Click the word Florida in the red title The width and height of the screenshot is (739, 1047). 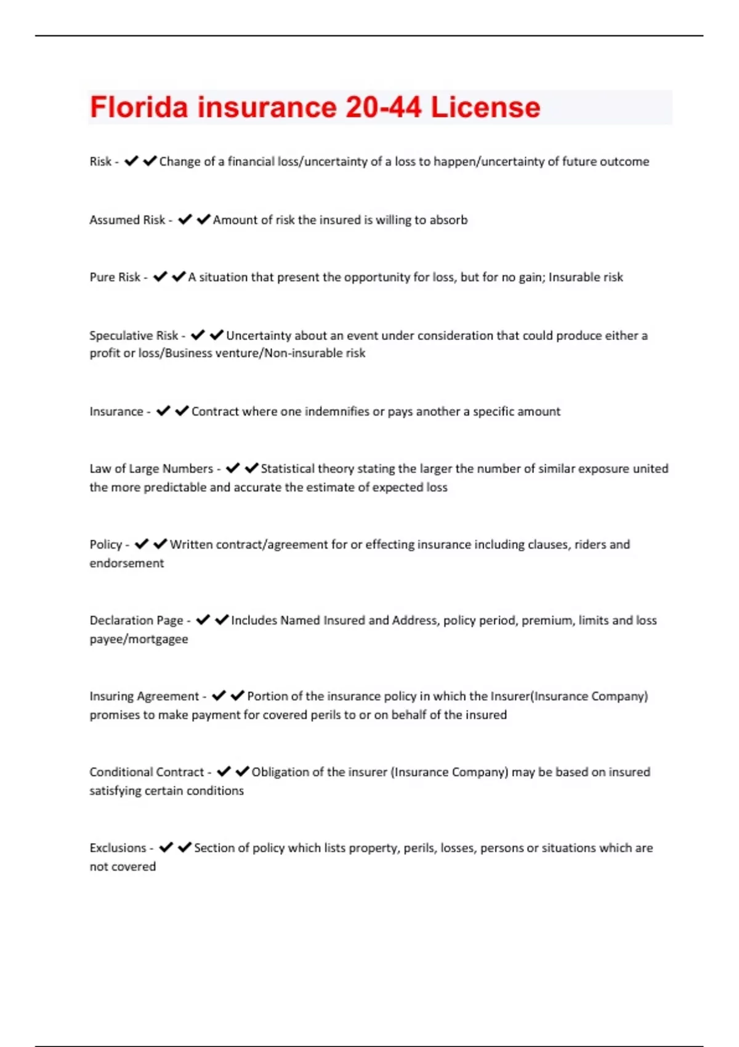pyautogui.click(x=139, y=107)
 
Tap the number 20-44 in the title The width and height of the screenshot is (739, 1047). pyautogui.click(x=383, y=107)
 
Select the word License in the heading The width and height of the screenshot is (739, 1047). pyautogui.click(x=485, y=107)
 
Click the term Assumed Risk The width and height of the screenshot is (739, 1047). pyautogui.click(x=127, y=220)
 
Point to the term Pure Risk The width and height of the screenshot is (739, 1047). pyautogui.click(x=115, y=277)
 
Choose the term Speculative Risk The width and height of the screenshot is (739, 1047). pyautogui.click(x=134, y=336)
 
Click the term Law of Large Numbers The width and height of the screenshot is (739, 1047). pyautogui.click(x=151, y=469)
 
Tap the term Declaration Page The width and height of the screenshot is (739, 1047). pyautogui.click(x=137, y=620)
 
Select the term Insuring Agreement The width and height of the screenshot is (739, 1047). pyautogui.click(x=144, y=696)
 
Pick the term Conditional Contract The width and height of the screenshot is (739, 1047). pyautogui.click(x=147, y=772)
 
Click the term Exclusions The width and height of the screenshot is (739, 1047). pyautogui.click(x=118, y=848)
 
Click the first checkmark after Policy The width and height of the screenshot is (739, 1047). pyautogui.click(x=142, y=544)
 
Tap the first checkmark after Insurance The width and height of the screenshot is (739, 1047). pyautogui.click(x=163, y=411)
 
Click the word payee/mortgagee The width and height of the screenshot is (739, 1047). pyautogui.click(x=139, y=639)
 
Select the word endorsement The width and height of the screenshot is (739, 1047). pyautogui.click(x=127, y=563)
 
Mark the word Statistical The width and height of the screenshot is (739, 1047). pyautogui.click(x=289, y=469)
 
